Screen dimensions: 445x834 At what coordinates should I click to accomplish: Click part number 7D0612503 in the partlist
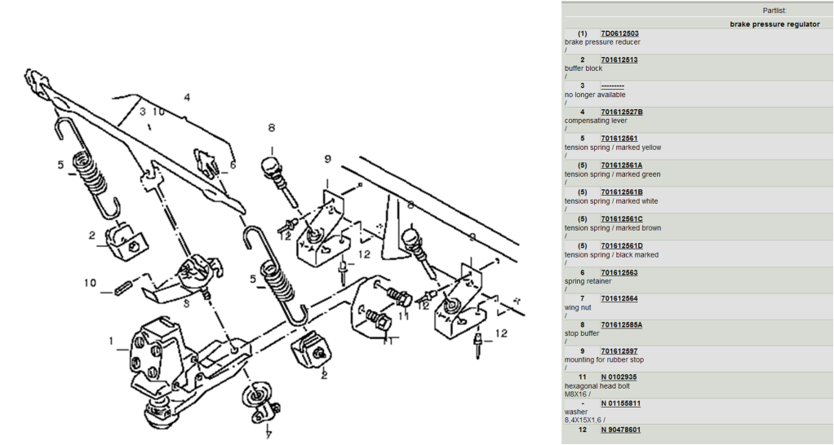click(x=619, y=33)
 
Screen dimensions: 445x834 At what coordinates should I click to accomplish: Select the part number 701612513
click(x=619, y=60)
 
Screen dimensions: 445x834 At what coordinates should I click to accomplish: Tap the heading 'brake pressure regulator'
click(x=774, y=24)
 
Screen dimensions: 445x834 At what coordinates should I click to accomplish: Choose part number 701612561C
click(x=621, y=219)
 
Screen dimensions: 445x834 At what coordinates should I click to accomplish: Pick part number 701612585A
click(x=621, y=325)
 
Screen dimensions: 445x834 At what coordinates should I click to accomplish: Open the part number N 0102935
click(x=619, y=377)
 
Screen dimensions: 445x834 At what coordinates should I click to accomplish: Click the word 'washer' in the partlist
click(x=575, y=412)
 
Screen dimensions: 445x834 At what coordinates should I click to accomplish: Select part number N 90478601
click(x=620, y=430)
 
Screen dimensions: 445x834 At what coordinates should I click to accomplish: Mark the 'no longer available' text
click(x=595, y=95)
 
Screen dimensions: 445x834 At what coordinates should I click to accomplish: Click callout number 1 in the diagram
click(x=112, y=341)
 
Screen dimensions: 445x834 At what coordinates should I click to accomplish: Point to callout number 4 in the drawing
click(x=187, y=97)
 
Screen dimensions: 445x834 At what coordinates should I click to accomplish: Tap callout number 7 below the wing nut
click(x=268, y=434)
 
